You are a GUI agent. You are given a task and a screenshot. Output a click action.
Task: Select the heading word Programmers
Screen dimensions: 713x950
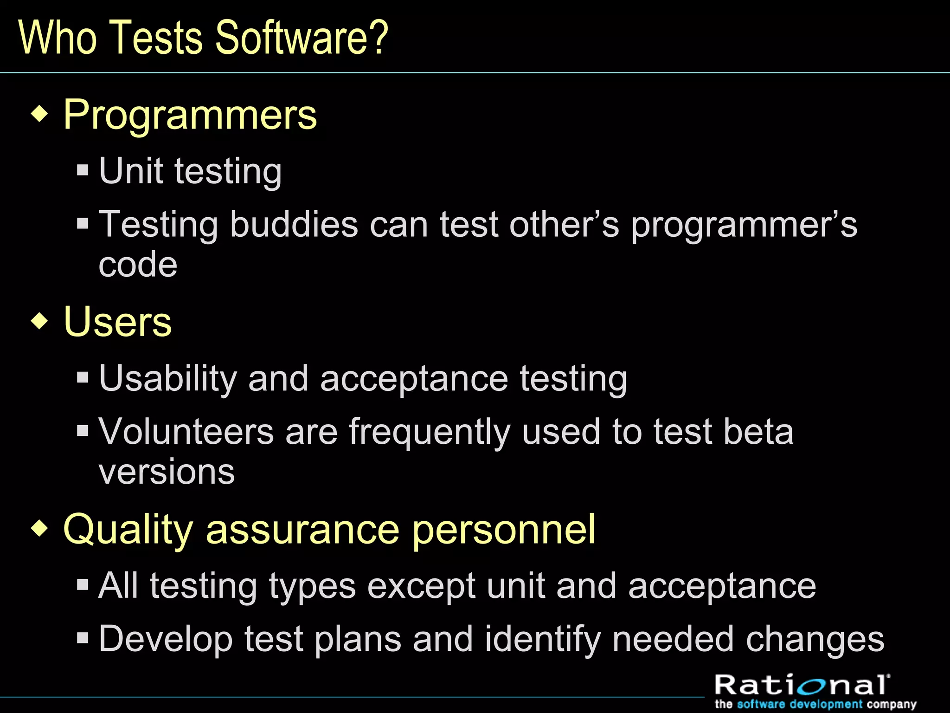[x=190, y=115]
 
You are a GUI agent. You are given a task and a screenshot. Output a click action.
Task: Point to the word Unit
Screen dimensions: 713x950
[x=131, y=171]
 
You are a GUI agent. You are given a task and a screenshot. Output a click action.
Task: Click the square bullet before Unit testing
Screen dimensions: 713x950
[x=83, y=170]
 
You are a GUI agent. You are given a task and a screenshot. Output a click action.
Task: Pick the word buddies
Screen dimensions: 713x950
[x=294, y=224]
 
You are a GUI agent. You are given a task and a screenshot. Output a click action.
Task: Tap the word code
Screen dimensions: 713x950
[x=138, y=265]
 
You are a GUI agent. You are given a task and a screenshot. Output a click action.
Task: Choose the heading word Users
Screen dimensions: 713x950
[x=117, y=322]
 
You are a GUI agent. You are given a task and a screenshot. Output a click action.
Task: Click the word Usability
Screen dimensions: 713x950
[x=168, y=378]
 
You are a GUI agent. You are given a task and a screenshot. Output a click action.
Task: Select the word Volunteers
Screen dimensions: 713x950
[x=186, y=432]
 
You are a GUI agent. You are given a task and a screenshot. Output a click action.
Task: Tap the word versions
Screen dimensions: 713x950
[x=167, y=472]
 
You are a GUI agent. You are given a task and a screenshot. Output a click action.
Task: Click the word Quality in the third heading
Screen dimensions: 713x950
[x=128, y=530]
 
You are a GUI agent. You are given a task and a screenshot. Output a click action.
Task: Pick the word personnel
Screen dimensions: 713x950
[x=503, y=530]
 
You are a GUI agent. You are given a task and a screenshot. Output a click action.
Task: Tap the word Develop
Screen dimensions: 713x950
[x=166, y=639]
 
